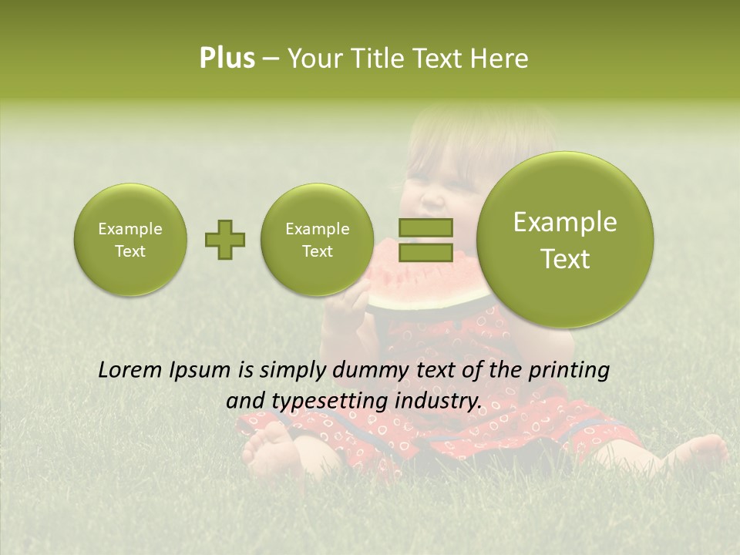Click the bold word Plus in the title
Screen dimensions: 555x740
(227, 59)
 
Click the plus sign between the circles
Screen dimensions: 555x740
(225, 240)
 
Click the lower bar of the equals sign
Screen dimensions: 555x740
(425, 252)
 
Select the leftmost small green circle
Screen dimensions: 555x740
(129, 240)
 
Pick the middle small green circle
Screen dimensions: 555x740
(317, 240)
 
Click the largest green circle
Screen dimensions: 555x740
(565, 240)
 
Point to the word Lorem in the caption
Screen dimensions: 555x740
(130, 370)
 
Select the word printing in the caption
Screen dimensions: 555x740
(567, 371)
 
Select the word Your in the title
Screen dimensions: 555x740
(314, 59)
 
